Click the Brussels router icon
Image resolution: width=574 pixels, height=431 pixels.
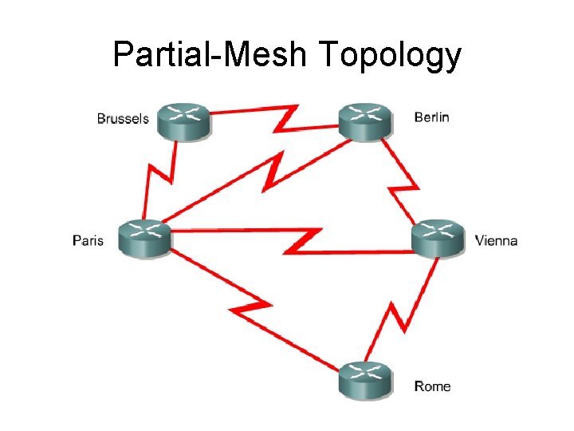tap(183, 121)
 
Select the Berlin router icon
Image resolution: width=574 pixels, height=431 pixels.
tap(365, 121)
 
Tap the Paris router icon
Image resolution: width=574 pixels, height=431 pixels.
tap(145, 238)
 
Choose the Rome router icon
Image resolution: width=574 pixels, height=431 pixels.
tap(365, 380)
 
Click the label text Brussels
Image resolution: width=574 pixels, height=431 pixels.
tap(123, 119)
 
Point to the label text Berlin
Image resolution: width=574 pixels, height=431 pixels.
tap(431, 117)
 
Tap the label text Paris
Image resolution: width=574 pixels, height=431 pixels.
tap(88, 239)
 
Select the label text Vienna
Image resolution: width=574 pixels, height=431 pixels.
tap(496, 239)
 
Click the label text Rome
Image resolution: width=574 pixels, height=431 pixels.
tap(433, 386)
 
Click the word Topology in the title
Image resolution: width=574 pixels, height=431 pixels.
tap(389, 55)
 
